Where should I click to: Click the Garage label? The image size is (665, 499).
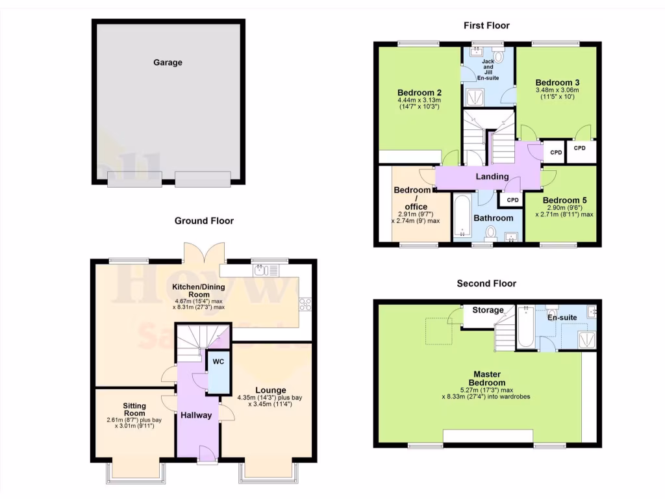coord(168,63)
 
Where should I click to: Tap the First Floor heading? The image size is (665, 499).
coord(486,25)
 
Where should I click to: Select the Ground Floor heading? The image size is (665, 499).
coord(204,221)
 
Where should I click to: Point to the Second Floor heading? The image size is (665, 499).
coord(486,283)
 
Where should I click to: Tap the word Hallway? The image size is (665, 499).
coord(196,415)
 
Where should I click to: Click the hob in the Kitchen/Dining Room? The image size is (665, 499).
coord(305,303)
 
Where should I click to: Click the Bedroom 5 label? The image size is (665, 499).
coord(564,199)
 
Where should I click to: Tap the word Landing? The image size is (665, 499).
coord(492,176)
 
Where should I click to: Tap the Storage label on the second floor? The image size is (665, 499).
coord(488,310)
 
